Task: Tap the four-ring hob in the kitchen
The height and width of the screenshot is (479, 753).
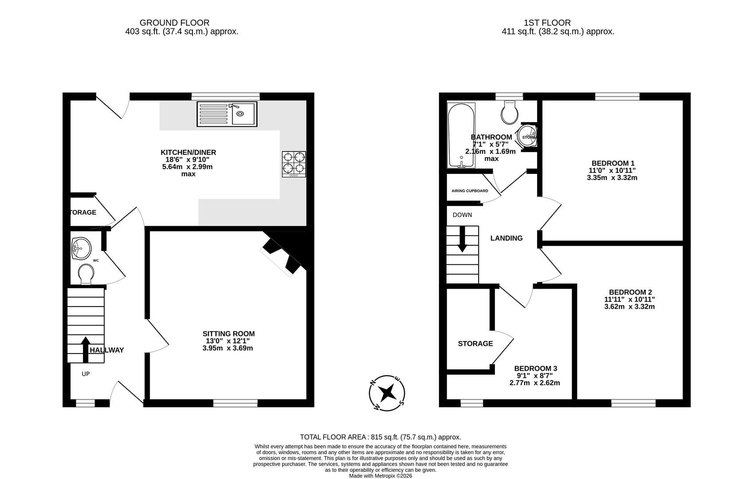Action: point(294,164)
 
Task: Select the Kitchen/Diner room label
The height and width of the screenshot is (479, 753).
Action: point(188,152)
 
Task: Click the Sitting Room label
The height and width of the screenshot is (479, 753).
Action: point(228,334)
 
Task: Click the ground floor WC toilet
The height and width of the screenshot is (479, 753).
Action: point(86,274)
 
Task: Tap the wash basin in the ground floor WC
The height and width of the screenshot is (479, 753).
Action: point(81,247)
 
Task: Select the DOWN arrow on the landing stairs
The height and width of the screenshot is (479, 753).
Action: point(462,239)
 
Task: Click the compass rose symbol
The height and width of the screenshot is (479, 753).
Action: point(387,393)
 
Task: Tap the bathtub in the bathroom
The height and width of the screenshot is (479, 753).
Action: point(461,135)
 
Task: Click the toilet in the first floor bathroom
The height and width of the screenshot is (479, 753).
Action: point(510,112)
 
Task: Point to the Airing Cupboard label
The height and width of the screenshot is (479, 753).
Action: point(470,191)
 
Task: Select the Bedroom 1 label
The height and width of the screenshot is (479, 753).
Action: point(612,162)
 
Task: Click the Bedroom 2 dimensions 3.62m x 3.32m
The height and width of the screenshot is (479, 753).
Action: point(629,306)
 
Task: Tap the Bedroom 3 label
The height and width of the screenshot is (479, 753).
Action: point(535,368)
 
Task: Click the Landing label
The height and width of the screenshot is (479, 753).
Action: point(506,238)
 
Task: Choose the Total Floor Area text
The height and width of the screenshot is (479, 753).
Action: point(380,437)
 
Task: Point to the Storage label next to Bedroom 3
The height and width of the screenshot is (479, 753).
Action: point(475,343)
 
